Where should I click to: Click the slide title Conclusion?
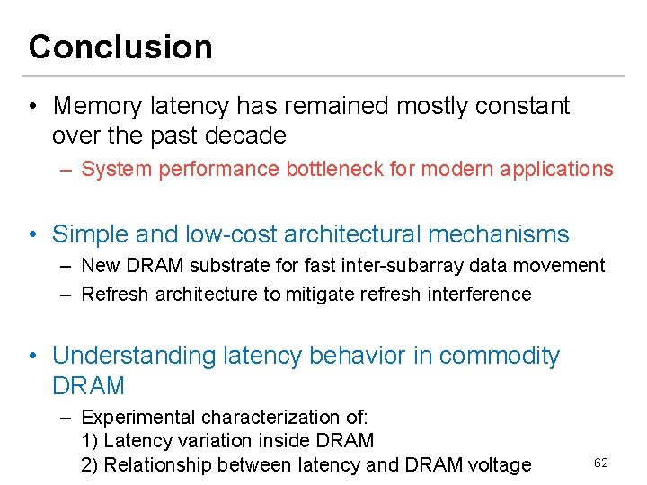[120, 47]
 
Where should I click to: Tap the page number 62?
[601, 463]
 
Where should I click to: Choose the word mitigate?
[322, 295]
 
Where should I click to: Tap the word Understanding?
[134, 356]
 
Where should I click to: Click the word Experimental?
[137, 418]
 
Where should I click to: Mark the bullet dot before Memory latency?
[33, 107]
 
